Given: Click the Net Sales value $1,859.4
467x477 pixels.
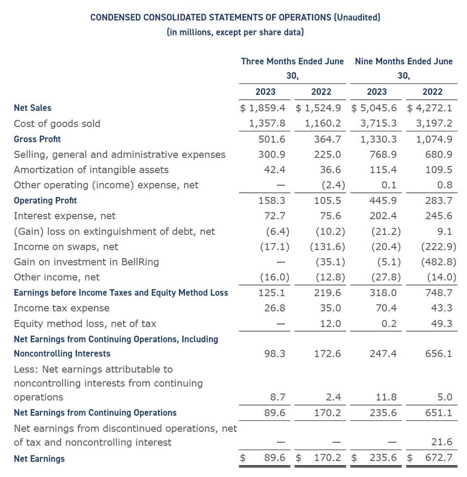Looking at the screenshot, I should [265, 108].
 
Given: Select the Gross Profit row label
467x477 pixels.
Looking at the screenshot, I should [37, 139].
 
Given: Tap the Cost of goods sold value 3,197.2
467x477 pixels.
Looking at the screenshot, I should [434, 124].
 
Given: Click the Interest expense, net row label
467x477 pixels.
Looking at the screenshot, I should [65, 216].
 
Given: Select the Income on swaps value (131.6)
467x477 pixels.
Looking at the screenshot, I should [327, 247].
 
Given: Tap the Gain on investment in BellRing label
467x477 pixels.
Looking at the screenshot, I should [86, 262].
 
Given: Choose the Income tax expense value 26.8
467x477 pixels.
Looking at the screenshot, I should [275, 308].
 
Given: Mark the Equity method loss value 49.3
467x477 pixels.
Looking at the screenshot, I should [441, 324].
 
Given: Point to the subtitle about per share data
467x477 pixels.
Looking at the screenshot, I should [235, 32].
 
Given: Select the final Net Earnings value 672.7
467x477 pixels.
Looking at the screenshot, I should [439, 458].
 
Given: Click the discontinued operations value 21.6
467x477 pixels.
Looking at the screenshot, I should [441, 442].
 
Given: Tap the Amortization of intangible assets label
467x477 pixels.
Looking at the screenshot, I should [91, 170].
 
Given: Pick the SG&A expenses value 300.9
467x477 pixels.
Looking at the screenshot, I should [272, 155].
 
